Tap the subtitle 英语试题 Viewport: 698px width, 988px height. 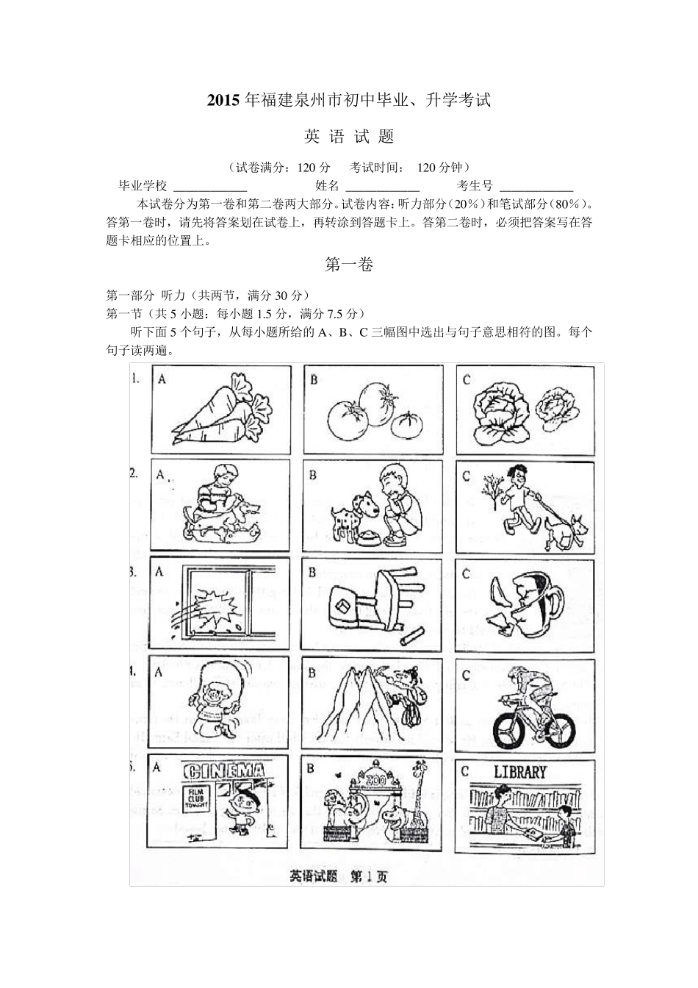pyautogui.click(x=349, y=137)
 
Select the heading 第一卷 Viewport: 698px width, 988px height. pyautogui.click(x=349, y=265)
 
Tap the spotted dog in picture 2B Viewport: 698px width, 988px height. pyautogui.click(x=350, y=520)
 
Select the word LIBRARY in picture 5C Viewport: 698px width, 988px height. pyautogui.click(x=519, y=772)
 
